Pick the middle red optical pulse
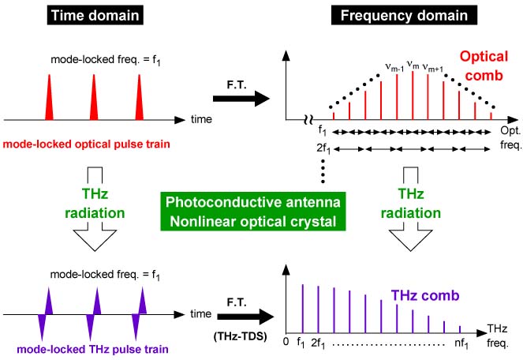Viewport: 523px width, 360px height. pyautogui.click(x=94, y=98)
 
